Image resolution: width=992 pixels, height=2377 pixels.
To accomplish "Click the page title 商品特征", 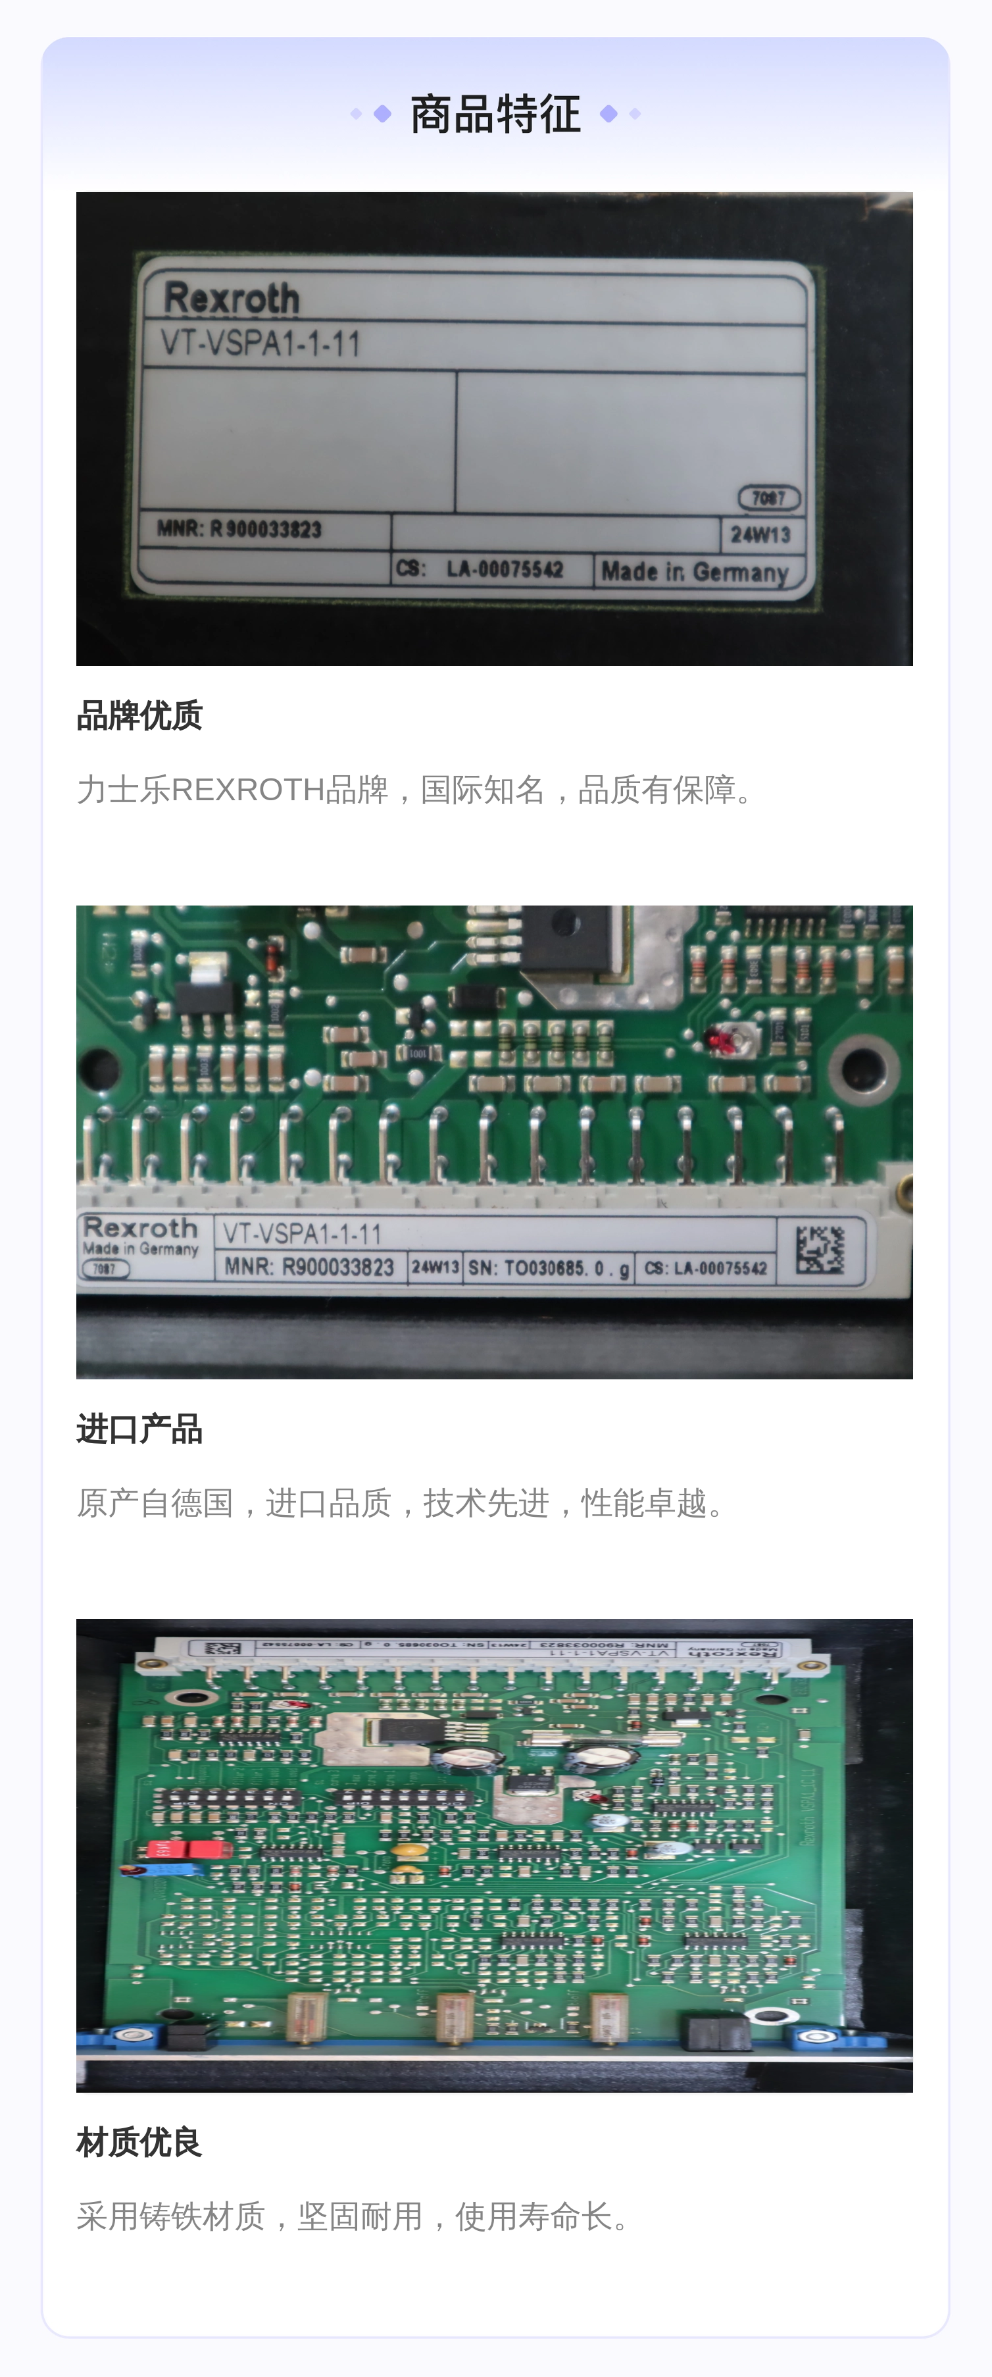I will pyautogui.click(x=495, y=115).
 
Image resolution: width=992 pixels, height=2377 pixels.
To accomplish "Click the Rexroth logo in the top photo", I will pyautogui.click(x=232, y=298).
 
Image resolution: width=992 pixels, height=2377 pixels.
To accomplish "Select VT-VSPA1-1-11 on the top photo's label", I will pyautogui.click(x=260, y=344).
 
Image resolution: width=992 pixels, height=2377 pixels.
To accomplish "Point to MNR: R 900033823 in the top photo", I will pyautogui.click(x=239, y=528).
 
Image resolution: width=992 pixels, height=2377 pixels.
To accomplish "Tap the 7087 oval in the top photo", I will pyautogui.click(x=769, y=498).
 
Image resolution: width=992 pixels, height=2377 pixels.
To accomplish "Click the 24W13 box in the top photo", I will pyautogui.click(x=760, y=535).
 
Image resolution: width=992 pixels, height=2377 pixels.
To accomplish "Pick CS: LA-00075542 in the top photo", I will pyautogui.click(x=480, y=569).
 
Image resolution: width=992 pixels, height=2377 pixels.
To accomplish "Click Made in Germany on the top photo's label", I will pyautogui.click(x=695, y=572).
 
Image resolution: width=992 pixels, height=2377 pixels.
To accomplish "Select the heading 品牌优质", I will pyautogui.click(x=139, y=715).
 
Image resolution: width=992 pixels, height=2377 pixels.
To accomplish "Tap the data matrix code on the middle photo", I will pyautogui.click(x=820, y=1250).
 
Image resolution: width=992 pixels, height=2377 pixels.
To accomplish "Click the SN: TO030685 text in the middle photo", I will pyautogui.click(x=548, y=1268).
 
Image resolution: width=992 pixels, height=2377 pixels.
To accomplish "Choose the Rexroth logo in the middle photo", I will pyautogui.click(x=140, y=1228).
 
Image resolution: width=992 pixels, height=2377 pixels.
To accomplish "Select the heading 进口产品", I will pyautogui.click(x=139, y=1429).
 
